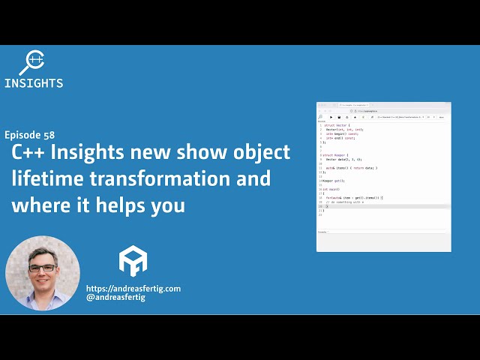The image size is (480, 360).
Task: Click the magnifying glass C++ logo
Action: pyautogui.click(x=34, y=62)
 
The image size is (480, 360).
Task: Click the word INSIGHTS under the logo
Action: pyautogui.click(x=34, y=83)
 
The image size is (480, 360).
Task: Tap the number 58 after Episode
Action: pyautogui.click(x=49, y=135)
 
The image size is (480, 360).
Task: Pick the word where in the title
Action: pyautogui.click(x=37, y=205)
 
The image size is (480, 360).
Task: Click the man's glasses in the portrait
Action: pyautogui.click(x=42, y=268)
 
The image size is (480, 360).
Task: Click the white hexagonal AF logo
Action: pyautogui.click(x=133, y=261)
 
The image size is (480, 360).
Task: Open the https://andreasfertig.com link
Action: pyautogui.click(x=133, y=288)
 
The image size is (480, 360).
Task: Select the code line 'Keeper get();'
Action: pyautogui.click(x=334, y=181)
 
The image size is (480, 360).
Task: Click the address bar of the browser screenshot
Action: pyautogui.click(x=382, y=111)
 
